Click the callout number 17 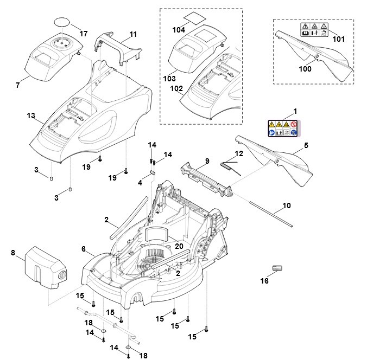tap(84, 34)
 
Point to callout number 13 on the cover tap(30, 115)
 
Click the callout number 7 tap(18, 85)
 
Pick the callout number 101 tap(338, 39)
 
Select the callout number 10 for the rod tap(287, 207)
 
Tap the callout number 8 tap(13, 253)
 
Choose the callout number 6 tap(84, 249)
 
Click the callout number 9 tap(207, 161)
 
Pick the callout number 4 tap(141, 183)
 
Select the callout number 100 tap(306, 69)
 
